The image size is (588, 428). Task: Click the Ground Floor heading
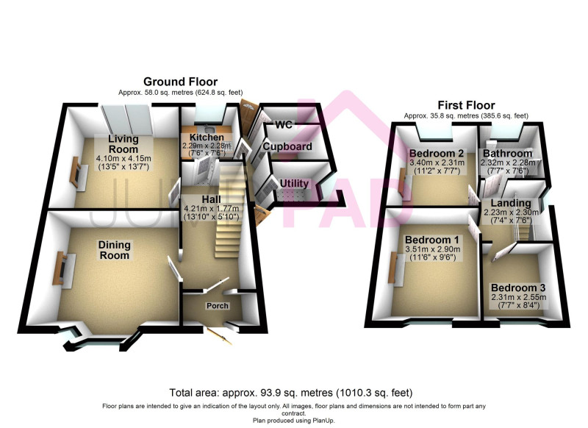(180, 82)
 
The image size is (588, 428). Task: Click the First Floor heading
(466, 105)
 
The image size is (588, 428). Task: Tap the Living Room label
(123, 143)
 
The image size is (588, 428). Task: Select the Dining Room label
(115, 250)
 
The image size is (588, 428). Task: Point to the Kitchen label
(207, 138)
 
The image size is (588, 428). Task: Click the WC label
(284, 124)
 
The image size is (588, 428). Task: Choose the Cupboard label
(287, 146)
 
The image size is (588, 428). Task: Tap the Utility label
(295, 183)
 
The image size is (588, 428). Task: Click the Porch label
(218, 306)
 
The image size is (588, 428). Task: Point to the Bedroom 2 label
(437, 154)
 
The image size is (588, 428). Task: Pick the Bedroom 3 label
(518, 288)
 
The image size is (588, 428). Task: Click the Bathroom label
(508, 154)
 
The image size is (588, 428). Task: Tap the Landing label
(511, 203)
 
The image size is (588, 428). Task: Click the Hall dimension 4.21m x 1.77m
(212, 209)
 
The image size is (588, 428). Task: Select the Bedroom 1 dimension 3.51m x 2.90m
(432, 249)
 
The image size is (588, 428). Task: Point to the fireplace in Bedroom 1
(396, 268)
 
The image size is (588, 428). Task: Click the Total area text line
(291, 393)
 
